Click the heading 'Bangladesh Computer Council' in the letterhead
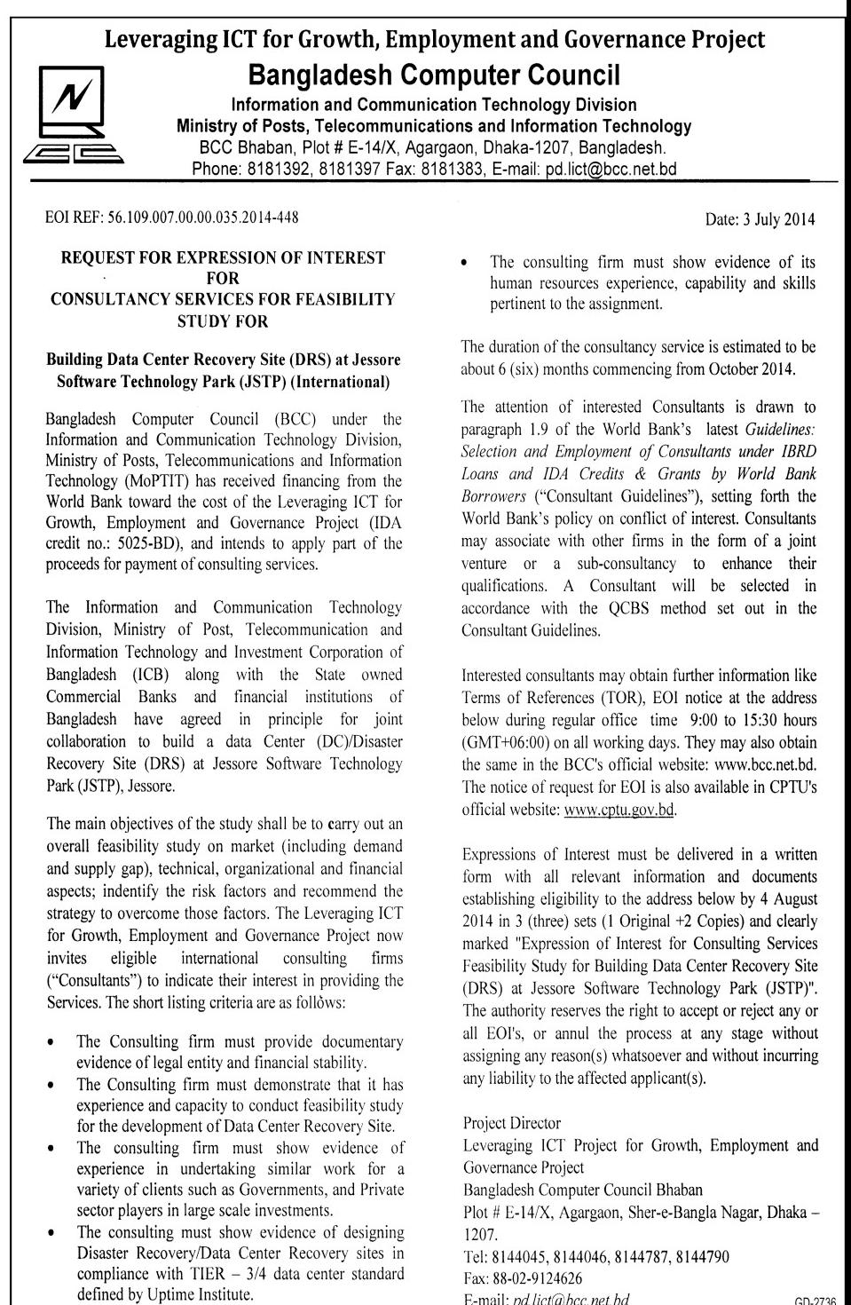click(x=434, y=73)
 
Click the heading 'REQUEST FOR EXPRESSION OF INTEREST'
click(x=223, y=257)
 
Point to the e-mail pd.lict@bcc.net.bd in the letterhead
click(x=611, y=169)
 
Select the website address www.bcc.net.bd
click(x=764, y=765)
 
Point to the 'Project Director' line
click(x=512, y=1124)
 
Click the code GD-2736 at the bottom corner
click(x=815, y=1299)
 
